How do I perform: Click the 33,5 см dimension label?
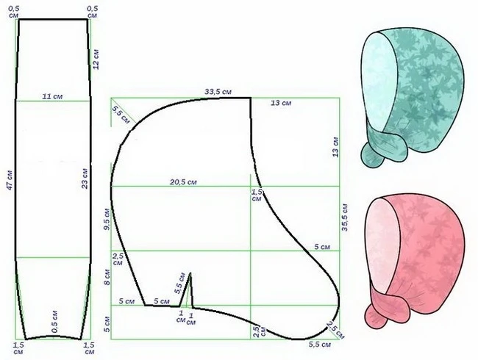(218, 92)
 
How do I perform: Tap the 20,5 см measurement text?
(183, 182)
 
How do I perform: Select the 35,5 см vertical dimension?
(345, 217)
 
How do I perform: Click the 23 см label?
(85, 179)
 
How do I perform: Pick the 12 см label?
(96, 59)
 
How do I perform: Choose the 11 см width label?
(52, 96)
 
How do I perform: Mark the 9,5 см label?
(107, 220)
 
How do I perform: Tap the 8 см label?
(107, 277)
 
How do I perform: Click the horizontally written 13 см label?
(281, 103)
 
